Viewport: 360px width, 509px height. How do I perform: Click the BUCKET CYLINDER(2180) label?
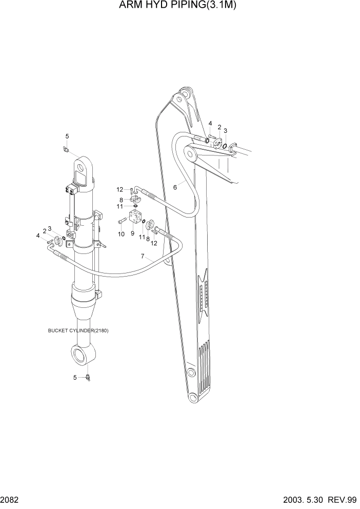tap(78, 330)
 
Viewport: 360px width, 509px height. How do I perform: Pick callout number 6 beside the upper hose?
tap(175, 187)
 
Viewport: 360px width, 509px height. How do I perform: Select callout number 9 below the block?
tap(132, 233)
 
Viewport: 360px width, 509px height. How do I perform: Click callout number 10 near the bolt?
tap(121, 234)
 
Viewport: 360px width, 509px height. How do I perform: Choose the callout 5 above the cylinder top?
tap(67, 136)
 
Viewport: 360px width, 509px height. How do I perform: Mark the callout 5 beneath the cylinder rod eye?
tap(75, 378)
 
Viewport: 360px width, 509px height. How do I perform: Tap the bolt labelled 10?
tap(122, 222)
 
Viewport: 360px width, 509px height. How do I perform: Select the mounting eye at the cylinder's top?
tap(82, 166)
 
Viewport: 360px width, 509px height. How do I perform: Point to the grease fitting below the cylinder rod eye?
tap(89, 378)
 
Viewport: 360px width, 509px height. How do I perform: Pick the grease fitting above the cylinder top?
tap(65, 149)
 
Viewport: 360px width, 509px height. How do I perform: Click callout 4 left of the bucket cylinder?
tap(38, 236)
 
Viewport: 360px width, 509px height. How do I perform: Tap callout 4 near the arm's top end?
tap(210, 124)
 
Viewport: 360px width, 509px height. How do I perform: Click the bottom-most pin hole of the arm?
tap(192, 399)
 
